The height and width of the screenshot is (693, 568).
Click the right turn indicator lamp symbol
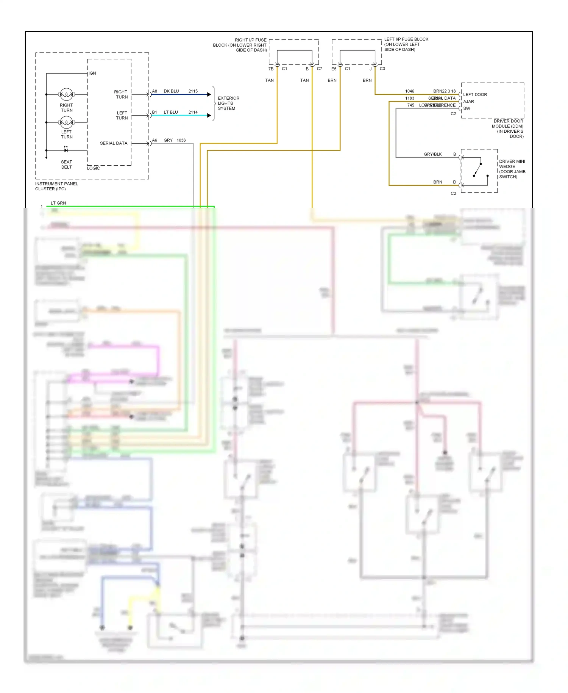[x=66, y=94]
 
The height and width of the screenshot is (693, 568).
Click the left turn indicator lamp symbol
[x=66, y=122]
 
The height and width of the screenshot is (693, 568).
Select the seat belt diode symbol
[x=66, y=150]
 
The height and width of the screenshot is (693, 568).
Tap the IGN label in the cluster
[x=92, y=73]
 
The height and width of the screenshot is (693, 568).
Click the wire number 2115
[x=193, y=91]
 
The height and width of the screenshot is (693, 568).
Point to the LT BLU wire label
[x=171, y=112]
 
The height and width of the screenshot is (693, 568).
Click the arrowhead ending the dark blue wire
[x=209, y=94]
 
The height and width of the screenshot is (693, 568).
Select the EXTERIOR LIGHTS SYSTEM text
[x=228, y=103]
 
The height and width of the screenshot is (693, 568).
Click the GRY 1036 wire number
[x=181, y=140]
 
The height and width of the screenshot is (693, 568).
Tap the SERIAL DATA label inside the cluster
[x=114, y=143]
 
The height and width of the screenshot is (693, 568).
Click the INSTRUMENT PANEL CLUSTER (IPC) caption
[x=56, y=186]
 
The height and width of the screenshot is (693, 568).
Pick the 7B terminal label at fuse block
[x=271, y=69]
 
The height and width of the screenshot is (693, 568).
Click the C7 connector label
[x=320, y=69]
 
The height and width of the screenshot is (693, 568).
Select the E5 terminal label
[x=334, y=69]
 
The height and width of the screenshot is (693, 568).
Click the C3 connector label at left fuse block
[x=382, y=69]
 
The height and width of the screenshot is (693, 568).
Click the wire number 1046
[x=410, y=91]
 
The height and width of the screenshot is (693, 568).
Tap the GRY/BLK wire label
[x=433, y=154]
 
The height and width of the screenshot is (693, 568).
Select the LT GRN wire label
[x=58, y=203]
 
